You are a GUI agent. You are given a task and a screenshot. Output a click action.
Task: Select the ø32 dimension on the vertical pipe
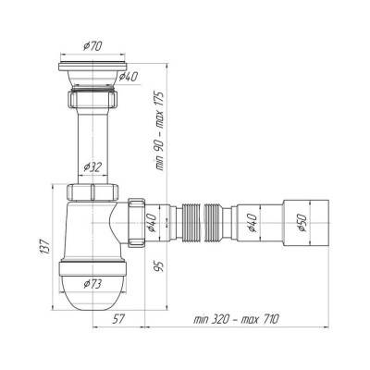93,166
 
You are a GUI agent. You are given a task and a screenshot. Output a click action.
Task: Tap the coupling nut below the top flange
92,100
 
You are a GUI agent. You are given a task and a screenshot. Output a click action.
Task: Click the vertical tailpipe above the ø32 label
92,134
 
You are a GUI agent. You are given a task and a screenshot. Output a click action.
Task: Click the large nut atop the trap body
92,191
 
